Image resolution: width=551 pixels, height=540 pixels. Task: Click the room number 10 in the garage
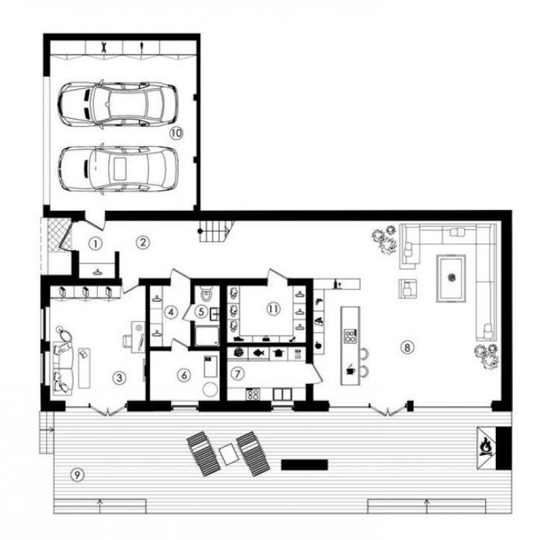(x=176, y=133)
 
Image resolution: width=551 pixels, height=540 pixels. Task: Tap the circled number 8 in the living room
(x=407, y=347)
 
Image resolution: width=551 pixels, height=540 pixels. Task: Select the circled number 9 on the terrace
(x=77, y=475)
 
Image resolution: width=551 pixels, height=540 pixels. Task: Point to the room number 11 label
(x=274, y=309)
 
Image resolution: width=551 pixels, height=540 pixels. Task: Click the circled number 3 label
(x=120, y=378)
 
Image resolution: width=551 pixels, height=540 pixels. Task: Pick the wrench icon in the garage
(x=103, y=46)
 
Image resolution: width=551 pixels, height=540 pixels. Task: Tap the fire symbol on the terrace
(x=486, y=446)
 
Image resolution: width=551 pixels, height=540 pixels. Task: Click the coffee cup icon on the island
(x=350, y=370)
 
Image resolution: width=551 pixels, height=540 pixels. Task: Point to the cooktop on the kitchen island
(x=350, y=335)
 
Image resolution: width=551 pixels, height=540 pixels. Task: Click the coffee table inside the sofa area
(x=451, y=278)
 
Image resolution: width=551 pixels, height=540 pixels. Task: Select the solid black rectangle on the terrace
(x=304, y=464)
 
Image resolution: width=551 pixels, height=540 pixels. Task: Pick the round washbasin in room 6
(x=211, y=389)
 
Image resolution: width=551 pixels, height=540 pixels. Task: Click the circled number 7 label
(x=238, y=374)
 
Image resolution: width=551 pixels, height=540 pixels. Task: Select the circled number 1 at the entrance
(x=95, y=243)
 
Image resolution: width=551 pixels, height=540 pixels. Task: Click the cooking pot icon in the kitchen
(x=279, y=352)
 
